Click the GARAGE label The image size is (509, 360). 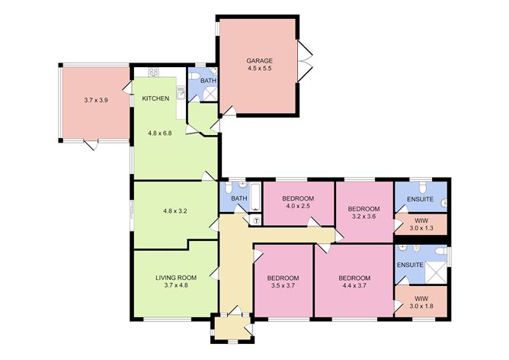(259, 60)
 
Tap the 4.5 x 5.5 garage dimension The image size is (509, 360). (259, 69)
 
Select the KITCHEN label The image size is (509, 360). (155, 98)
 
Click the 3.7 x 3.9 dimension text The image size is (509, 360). (96, 99)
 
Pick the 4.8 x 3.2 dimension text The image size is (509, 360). (175, 210)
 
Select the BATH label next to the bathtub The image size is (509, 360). (239, 200)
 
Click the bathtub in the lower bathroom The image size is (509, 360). (256, 198)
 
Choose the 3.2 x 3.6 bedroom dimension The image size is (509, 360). (363, 217)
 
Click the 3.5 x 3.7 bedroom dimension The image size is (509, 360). (282, 286)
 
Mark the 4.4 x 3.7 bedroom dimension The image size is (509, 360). (354, 286)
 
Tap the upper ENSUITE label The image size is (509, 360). (420, 200)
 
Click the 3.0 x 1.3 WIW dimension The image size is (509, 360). (421, 227)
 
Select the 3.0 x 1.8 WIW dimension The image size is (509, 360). (421, 307)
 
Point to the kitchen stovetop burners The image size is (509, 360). (154, 72)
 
